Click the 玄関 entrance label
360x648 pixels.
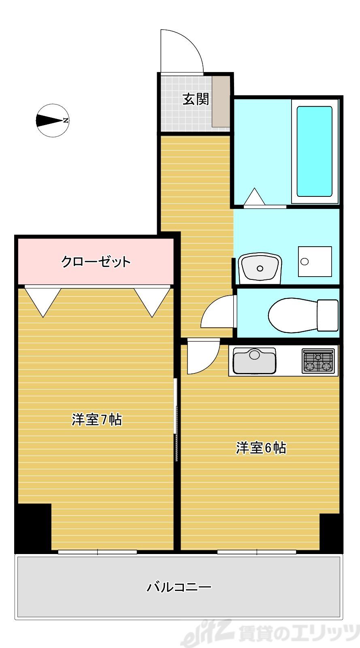click(x=196, y=99)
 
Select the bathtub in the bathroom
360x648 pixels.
click(x=314, y=151)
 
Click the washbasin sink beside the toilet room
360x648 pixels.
click(x=260, y=268)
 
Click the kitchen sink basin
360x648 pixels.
click(x=254, y=360)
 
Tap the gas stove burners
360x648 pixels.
click(x=319, y=361)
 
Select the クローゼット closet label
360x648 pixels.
click(x=96, y=262)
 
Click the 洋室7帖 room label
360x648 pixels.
click(x=97, y=420)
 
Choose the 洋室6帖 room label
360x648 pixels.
click(x=261, y=448)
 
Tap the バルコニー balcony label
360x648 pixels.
click(x=179, y=587)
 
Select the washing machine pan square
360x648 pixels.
click(x=315, y=261)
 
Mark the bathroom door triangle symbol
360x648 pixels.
click(x=255, y=197)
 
